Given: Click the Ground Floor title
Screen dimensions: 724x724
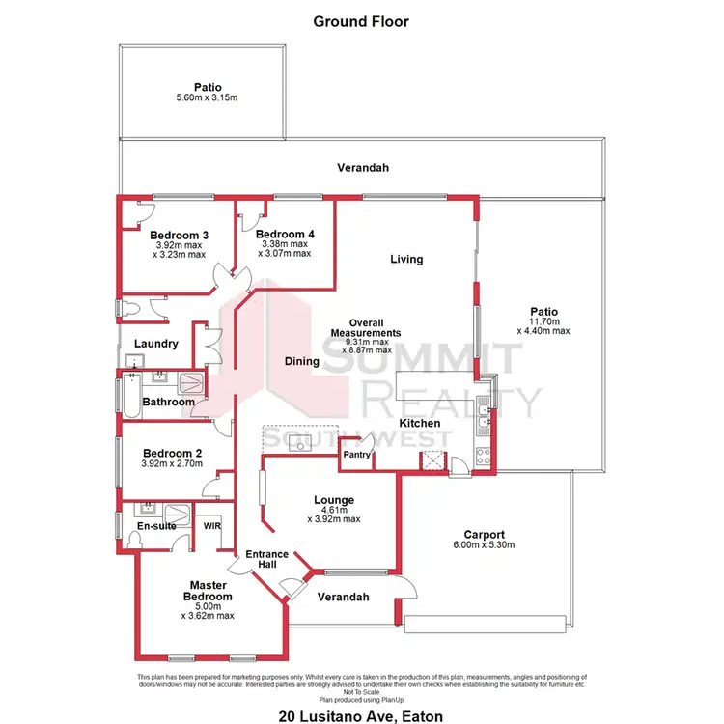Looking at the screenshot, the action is click(362, 20).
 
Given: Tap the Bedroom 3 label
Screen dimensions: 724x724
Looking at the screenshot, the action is click(180, 235).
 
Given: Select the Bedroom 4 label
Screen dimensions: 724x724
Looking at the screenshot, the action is click(285, 234).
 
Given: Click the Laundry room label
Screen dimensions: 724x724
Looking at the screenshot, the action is click(156, 344).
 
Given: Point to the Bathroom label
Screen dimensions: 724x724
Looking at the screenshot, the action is click(169, 402).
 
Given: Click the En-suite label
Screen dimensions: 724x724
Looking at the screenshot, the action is click(154, 526).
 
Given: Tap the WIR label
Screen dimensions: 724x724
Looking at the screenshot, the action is click(212, 526).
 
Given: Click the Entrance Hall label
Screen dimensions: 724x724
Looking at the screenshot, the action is click(267, 560).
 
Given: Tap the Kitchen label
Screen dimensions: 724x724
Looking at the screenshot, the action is click(420, 423).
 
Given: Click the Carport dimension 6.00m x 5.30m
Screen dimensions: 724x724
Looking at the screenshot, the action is click(484, 546).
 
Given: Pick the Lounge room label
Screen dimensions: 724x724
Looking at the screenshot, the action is click(334, 500).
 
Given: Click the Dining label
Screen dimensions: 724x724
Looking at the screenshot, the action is click(301, 362).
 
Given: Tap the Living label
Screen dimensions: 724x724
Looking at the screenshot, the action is click(406, 259).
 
